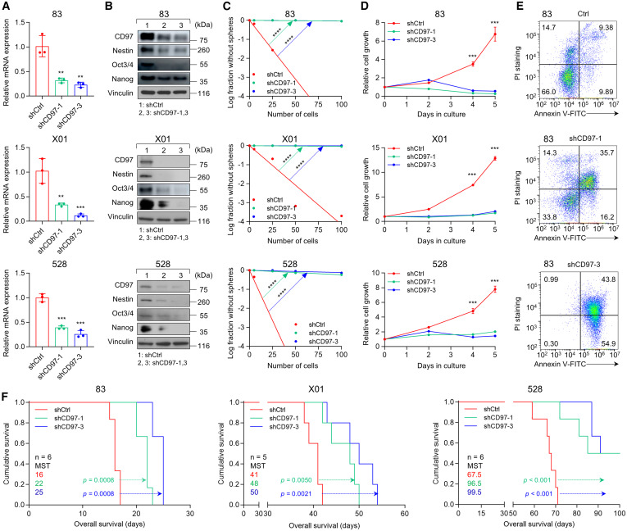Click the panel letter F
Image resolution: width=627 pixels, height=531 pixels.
click(x=6, y=379)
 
